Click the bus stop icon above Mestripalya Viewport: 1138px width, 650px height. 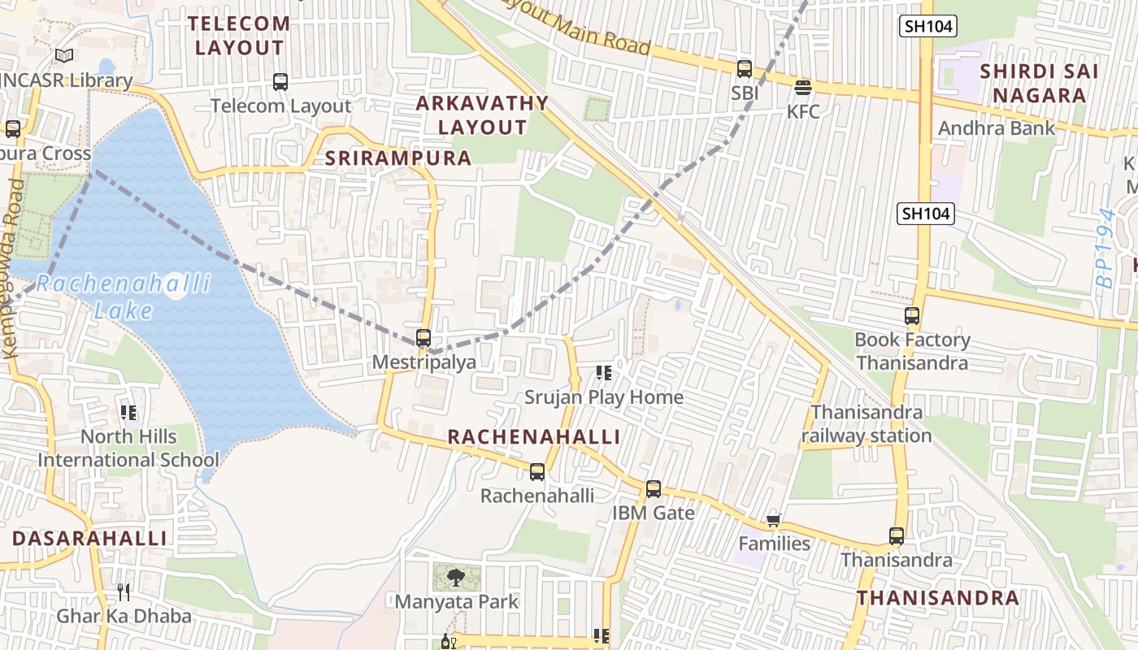[x=423, y=338]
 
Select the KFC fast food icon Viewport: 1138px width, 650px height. [x=803, y=88]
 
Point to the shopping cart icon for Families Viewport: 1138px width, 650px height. [x=774, y=520]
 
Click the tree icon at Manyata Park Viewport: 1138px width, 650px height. [x=456, y=578]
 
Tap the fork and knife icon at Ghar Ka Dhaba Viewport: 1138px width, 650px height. [x=124, y=591]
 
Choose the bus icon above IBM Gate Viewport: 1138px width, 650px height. [x=654, y=489]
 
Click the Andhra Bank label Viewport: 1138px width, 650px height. [x=997, y=128]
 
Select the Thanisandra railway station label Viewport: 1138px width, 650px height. [x=867, y=424]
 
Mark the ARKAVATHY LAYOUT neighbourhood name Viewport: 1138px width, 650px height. [x=483, y=115]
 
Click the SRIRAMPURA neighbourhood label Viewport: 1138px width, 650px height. [x=398, y=158]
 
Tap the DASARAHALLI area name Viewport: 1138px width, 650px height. [x=89, y=538]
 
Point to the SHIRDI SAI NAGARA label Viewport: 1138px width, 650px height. [x=1039, y=83]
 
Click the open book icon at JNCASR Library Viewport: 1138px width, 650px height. [x=64, y=56]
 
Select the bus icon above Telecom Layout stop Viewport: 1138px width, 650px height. [x=280, y=82]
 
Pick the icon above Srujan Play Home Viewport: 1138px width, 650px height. [x=603, y=373]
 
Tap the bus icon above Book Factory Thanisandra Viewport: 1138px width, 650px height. [x=912, y=316]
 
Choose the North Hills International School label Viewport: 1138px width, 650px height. [x=117, y=448]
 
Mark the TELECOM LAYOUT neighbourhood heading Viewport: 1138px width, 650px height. [x=241, y=36]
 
